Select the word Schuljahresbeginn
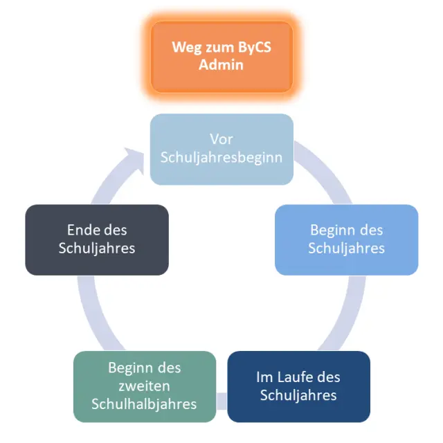point(221,157)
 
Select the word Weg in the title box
point(186,48)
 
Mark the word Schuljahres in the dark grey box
point(97,248)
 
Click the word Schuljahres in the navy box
point(298,395)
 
